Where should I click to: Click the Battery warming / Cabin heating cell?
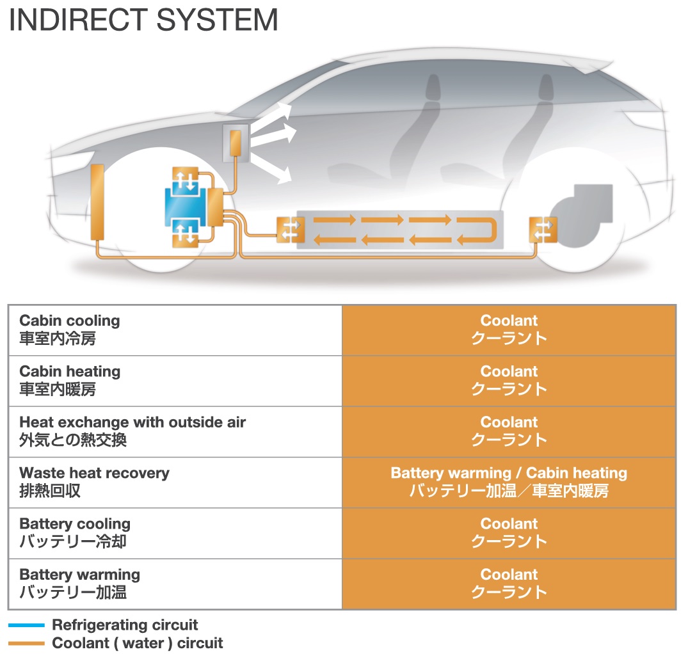pos(509,482)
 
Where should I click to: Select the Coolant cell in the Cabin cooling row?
pos(509,329)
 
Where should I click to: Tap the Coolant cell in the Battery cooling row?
pos(509,532)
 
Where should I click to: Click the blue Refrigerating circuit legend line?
pos(26,625)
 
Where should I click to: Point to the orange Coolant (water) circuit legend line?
pos(26,643)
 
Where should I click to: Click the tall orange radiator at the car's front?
pos(97,201)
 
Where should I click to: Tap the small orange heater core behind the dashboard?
pos(235,142)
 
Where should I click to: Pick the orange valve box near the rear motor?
pos(543,230)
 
